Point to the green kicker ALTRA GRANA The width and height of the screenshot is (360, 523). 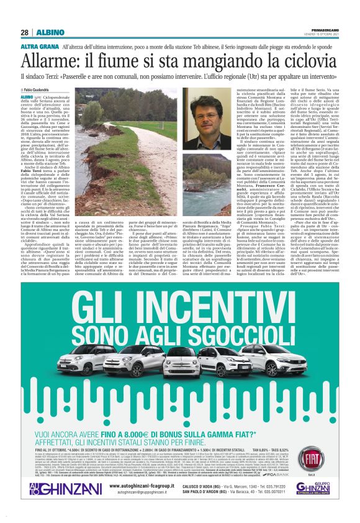(40, 47)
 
